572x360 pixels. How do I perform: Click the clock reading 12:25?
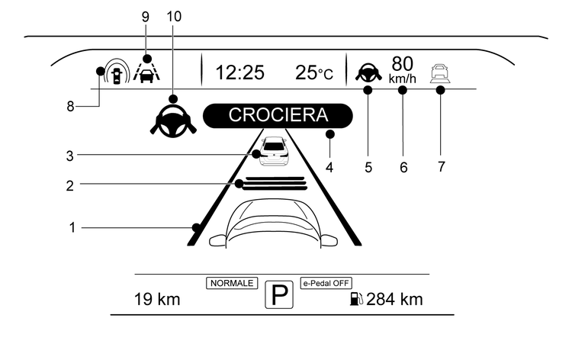(x=239, y=72)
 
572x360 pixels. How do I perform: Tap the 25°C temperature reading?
(x=314, y=72)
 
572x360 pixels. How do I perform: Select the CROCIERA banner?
(x=278, y=116)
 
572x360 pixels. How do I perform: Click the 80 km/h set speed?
(x=403, y=69)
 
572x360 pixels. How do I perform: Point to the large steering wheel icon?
(x=173, y=121)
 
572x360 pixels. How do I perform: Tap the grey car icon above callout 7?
(x=440, y=74)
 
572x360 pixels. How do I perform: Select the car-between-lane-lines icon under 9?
(x=146, y=72)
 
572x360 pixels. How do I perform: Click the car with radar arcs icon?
(x=117, y=71)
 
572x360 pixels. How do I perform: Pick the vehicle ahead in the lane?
(x=275, y=151)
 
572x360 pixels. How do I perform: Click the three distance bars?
(x=275, y=184)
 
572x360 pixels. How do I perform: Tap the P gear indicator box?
(x=279, y=294)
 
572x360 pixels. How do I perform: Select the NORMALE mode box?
(x=232, y=283)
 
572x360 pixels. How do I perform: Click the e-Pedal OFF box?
(x=326, y=283)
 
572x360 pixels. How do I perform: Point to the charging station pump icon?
(x=356, y=299)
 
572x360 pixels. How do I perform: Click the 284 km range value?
(x=395, y=300)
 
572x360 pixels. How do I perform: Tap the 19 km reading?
(x=157, y=300)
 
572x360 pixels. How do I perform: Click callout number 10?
(x=174, y=17)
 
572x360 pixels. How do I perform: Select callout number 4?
(x=329, y=168)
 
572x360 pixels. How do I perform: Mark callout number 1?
(x=72, y=227)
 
